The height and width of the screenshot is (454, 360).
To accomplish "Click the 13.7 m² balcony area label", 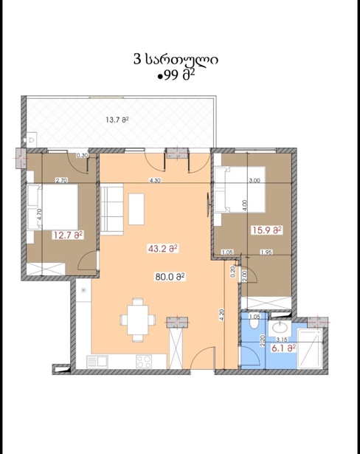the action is click(x=117, y=120).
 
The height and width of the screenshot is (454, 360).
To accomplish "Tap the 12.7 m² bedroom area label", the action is click(x=68, y=235).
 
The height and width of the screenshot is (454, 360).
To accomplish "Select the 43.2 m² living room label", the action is click(x=162, y=249).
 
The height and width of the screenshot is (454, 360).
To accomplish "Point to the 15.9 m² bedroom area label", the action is click(x=267, y=230).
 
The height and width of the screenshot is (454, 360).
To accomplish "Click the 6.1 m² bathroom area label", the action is click(x=283, y=348).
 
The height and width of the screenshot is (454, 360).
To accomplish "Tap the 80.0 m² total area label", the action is click(x=170, y=277).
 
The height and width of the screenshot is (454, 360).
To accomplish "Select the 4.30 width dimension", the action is click(x=155, y=180).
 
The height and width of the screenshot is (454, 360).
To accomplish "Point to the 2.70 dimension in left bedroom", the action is click(x=61, y=180).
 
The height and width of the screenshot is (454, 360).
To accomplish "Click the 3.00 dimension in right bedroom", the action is click(x=255, y=180).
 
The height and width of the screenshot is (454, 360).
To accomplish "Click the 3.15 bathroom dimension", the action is click(x=282, y=340).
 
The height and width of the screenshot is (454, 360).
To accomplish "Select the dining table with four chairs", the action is click(x=138, y=320).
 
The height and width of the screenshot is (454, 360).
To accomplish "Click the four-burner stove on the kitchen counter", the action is click(x=144, y=362).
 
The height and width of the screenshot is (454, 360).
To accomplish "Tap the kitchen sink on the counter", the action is click(x=97, y=362).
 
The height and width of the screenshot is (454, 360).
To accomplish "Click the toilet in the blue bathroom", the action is click(x=255, y=321).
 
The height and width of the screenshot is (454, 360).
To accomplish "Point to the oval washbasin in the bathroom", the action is click(x=280, y=329).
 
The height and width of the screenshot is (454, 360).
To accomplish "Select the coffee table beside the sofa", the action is click(x=136, y=209).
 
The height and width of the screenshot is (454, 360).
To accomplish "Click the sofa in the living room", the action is click(x=112, y=207).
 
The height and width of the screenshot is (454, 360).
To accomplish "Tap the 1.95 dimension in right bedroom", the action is click(x=266, y=252).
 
